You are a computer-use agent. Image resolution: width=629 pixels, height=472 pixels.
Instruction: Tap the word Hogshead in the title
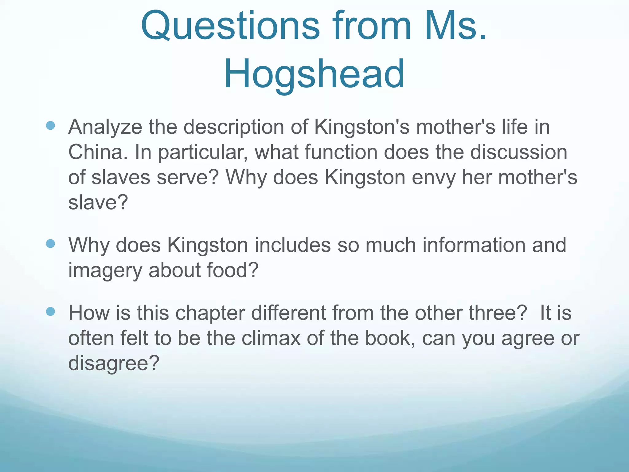pos(314,74)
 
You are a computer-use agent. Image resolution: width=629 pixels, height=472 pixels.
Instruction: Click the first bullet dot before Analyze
pos(50,125)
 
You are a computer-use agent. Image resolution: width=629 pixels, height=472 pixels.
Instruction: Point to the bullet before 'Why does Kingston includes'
pos(50,244)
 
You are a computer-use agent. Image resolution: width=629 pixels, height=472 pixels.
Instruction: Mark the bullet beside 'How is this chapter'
pos(50,312)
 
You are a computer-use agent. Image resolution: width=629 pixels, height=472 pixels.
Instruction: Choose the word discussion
pos(518,152)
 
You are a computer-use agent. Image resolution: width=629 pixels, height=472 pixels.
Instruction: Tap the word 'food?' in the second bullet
pos(232,270)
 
